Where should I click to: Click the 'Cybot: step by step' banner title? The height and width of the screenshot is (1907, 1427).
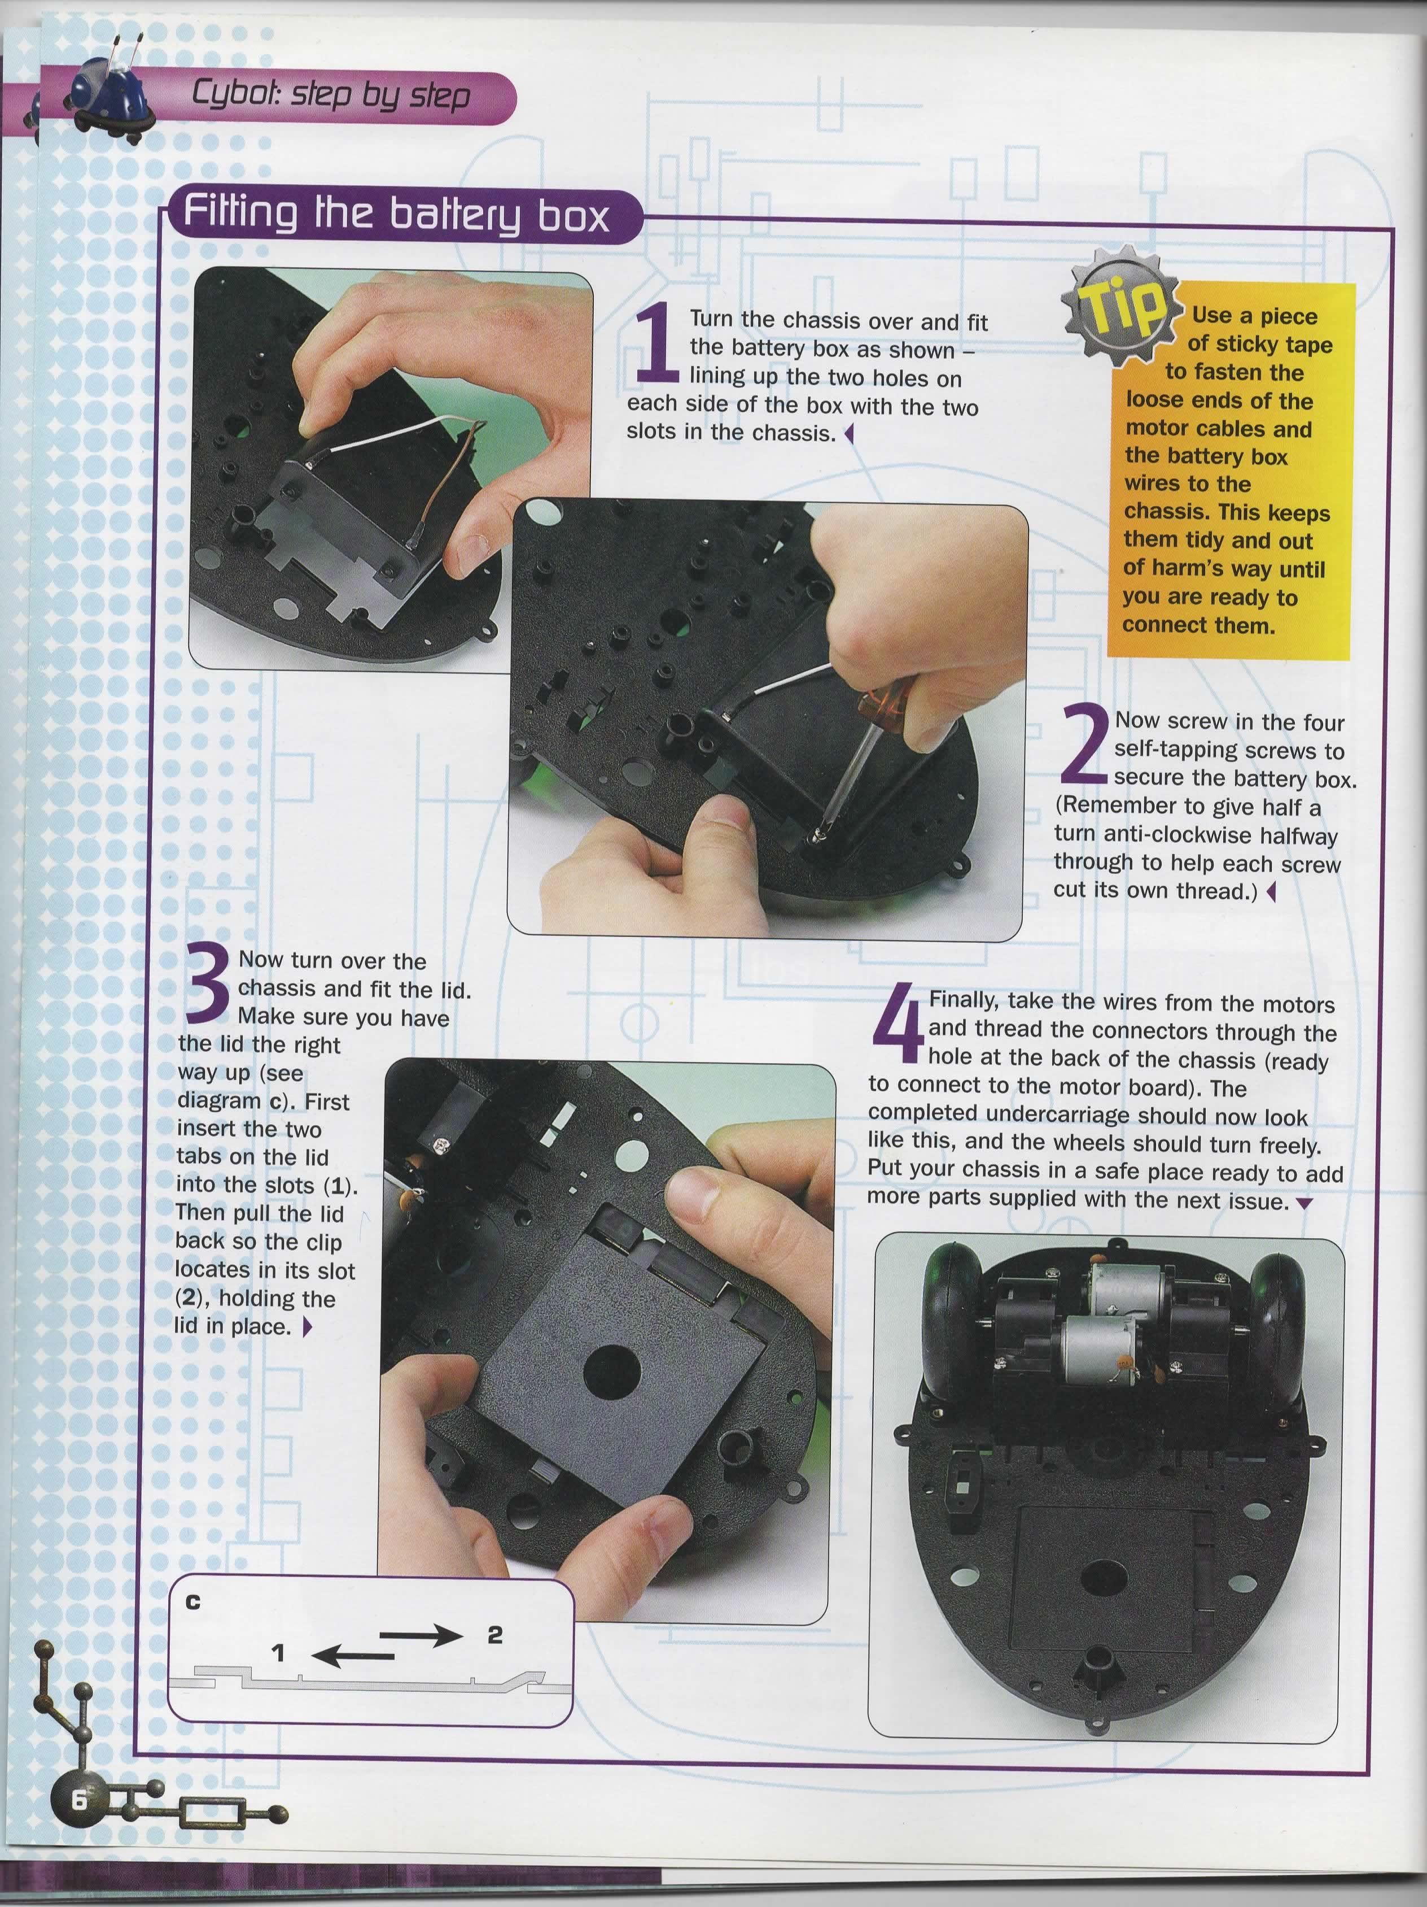coord(332,95)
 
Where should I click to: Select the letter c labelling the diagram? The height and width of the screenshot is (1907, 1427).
coord(193,1602)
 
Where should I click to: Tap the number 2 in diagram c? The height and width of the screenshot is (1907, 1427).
coord(494,1635)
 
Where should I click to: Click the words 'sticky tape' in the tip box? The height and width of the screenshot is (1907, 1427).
coord(1260,344)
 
